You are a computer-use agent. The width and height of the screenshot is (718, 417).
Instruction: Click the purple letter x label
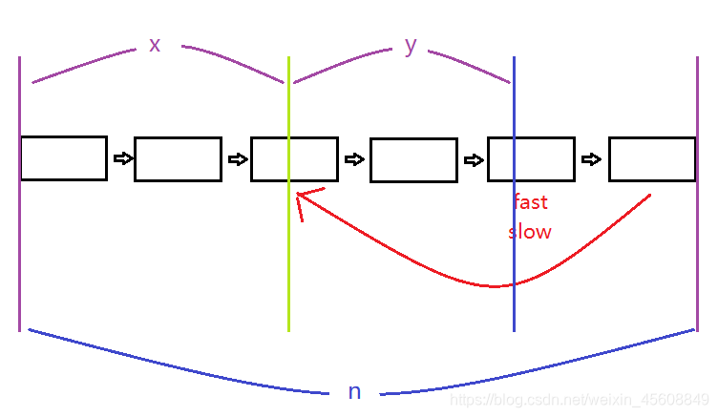(x=155, y=44)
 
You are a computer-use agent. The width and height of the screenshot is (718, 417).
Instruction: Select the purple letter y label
(x=411, y=45)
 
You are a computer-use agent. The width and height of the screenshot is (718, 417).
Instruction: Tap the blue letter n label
(x=354, y=391)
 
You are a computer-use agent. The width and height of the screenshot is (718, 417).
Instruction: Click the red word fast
(x=530, y=202)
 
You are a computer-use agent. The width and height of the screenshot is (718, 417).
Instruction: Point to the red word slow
(x=530, y=231)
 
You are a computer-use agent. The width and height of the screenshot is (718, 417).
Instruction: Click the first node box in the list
(x=63, y=158)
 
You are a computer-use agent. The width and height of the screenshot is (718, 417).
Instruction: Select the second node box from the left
(x=179, y=159)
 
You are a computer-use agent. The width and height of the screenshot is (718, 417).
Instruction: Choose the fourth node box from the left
(x=412, y=160)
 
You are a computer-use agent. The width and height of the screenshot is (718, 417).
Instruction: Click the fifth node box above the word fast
(x=531, y=159)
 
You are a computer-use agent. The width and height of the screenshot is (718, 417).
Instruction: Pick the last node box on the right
(x=652, y=159)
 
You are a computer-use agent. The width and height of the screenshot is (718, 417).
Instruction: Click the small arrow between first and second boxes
(x=121, y=158)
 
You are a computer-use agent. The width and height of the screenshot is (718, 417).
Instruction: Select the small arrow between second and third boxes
(x=237, y=158)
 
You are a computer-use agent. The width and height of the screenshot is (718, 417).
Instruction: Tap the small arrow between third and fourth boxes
(x=354, y=159)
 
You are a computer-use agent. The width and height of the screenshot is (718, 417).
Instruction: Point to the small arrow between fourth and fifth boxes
(x=473, y=159)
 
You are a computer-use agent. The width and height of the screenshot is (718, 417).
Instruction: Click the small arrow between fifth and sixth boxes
(x=592, y=158)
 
